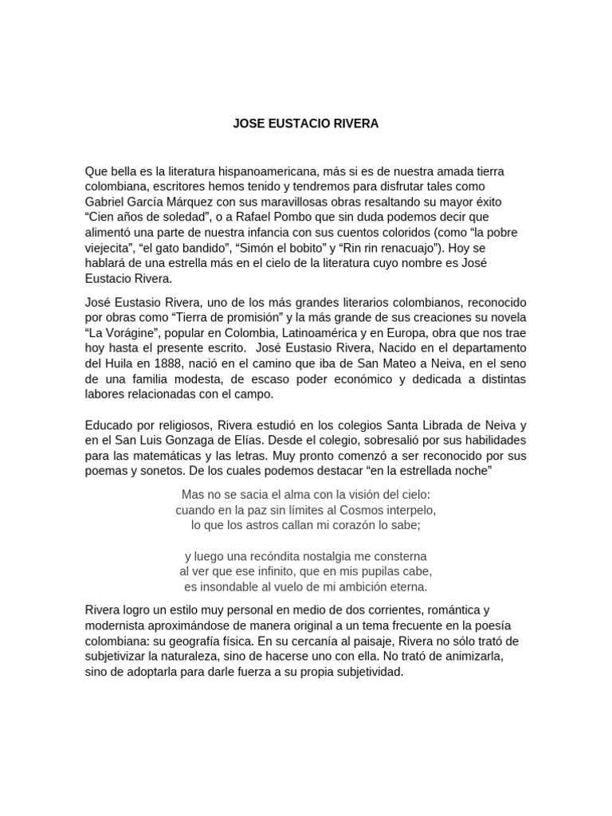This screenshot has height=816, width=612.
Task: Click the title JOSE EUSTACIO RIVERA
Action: click(306, 124)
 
